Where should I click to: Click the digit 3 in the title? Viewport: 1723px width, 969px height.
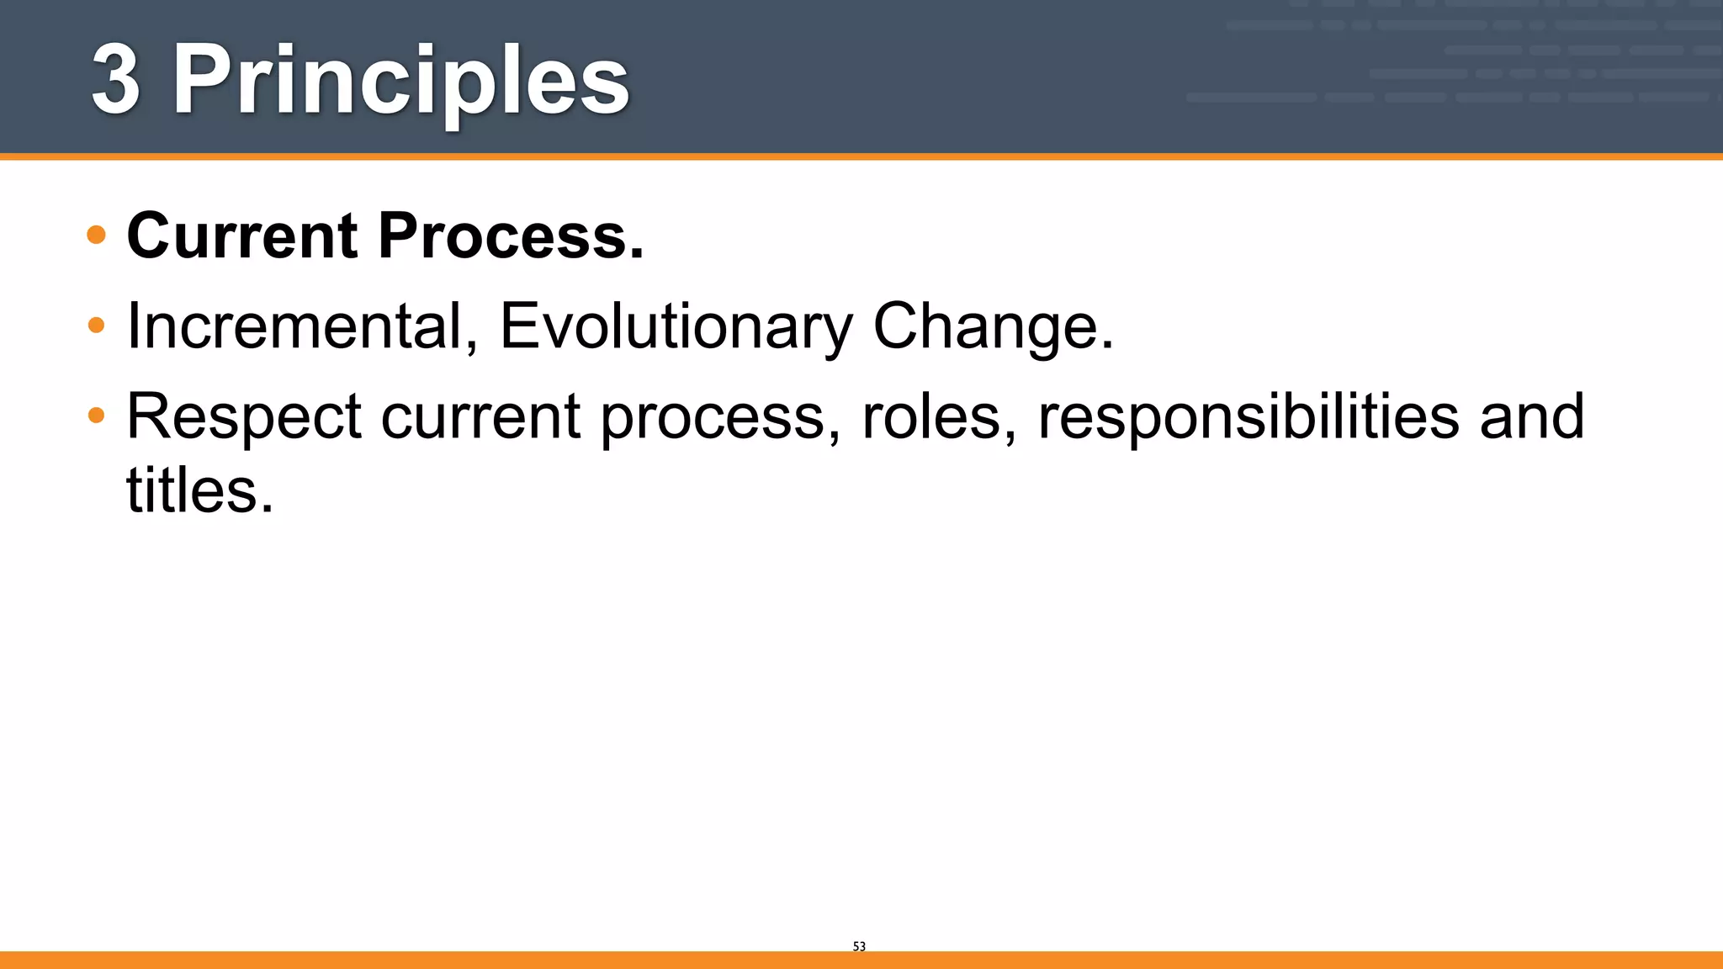click(x=115, y=81)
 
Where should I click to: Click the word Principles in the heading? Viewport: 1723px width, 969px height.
click(x=400, y=82)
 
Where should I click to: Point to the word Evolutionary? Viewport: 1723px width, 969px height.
click(x=676, y=326)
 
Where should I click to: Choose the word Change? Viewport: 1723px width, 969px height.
click(x=993, y=326)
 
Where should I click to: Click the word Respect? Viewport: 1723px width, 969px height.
click(x=243, y=416)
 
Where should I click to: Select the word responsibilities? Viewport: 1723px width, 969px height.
click(x=1249, y=416)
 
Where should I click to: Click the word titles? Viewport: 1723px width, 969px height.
click(x=199, y=490)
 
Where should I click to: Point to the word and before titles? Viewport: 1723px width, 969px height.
click(x=1531, y=416)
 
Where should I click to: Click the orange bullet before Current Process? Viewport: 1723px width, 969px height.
click(x=96, y=235)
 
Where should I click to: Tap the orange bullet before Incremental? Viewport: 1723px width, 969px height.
click(x=96, y=325)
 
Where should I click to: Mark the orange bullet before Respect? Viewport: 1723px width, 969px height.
click(x=96, y=415)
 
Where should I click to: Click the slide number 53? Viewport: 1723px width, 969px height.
click(x=859, y=946)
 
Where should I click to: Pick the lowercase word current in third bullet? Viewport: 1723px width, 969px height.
click(x=480, y=416)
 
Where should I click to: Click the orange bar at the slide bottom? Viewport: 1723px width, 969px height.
click(x=861, y=960)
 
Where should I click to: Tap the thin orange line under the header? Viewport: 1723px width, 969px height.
click(x=861, y=156)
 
